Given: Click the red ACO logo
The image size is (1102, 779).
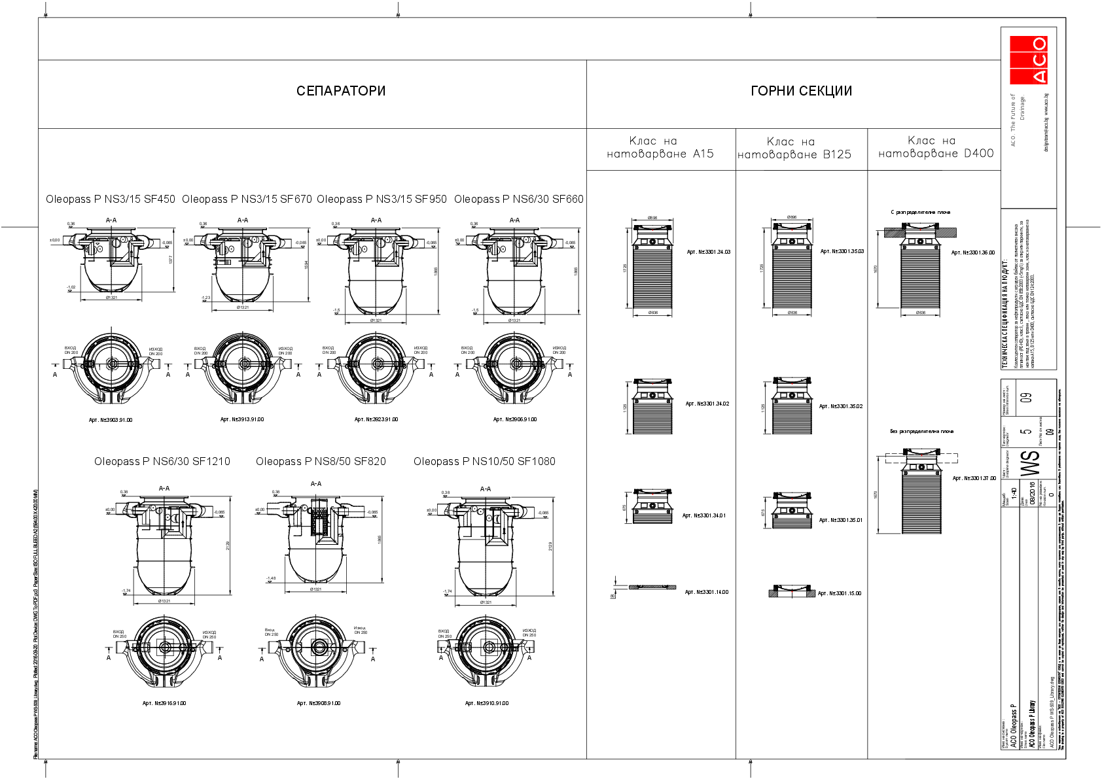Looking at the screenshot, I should pyautogui.click(x=1028, y=60).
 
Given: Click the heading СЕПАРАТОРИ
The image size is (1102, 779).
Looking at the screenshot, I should pyautogui.click(x=341, y=91).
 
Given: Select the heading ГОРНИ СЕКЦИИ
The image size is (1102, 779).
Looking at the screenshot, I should pyautogui.click(x=801, y=91).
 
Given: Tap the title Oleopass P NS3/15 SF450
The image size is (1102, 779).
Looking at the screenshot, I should pyautogui.click(x=111, y=199).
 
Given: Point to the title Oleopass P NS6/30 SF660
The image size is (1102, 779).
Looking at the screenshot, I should pyautogui.click(x=518, y=199).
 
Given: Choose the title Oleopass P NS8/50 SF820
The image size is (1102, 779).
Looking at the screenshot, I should pyautogui.click(x=321, y=461).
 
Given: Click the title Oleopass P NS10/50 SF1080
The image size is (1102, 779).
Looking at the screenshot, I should pyautogui.click(x=484, y=461).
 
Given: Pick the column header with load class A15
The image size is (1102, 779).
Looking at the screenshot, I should pyautogui.click(x=660, y=147).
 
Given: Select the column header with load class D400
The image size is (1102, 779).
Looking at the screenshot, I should pyautogui.click(x=936, y=147).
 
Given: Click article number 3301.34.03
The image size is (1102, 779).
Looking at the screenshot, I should pyautogui.click(x=709, y=252).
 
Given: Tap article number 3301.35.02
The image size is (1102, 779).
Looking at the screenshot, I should pyautogui.click(x=841, y=406).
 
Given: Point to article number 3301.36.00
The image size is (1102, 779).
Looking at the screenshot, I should pyautogui.click(x=973, y=252).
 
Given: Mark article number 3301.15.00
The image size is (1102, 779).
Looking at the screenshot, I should pyautogui.click(x=840, y=593).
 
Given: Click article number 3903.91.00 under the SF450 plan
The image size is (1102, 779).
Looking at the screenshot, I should pyautogui.click(x=111, y=420).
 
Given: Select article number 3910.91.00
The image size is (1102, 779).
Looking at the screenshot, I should pyautogui.click(x=486, y=703).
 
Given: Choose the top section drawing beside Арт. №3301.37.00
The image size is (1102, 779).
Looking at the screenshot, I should pyautogui.click(x=921, y=491).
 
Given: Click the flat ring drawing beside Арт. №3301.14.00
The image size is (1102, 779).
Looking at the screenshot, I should pyautogui.click(x=652, y=587).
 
